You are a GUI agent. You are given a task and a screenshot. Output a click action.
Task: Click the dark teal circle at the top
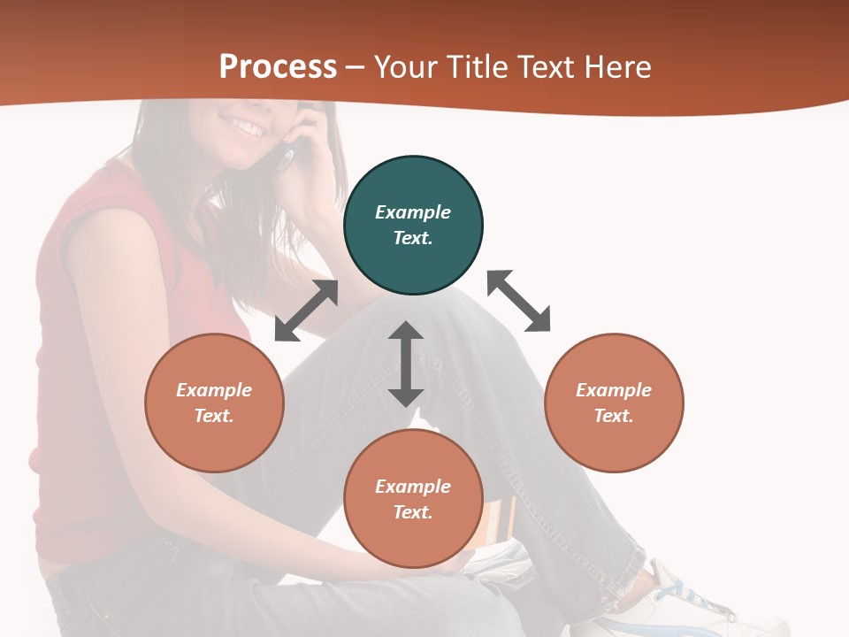[413, 225]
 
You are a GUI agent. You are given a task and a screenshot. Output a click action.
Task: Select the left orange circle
[214, 403]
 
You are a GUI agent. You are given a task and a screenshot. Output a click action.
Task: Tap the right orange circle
[614, 403]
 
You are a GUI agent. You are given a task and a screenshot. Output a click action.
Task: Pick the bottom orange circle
[413, 499]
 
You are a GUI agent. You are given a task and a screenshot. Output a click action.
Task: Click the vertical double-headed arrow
[406, 364]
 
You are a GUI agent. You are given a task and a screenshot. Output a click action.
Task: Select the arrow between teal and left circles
[307, 311]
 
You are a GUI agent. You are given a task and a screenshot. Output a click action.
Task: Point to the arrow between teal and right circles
[519, 301]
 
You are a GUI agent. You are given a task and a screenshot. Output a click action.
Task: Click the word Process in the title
[278, 67]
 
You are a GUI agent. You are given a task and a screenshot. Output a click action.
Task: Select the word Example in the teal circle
[413, 212]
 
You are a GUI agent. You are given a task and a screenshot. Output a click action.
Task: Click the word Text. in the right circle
[614, 416]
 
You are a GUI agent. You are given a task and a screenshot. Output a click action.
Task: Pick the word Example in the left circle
[214, 390]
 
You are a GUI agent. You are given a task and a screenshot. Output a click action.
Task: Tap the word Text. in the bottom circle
[413, 512]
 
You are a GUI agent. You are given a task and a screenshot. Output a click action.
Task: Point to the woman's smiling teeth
[249, 130]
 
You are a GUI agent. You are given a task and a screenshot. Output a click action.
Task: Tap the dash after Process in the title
[356, 67]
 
